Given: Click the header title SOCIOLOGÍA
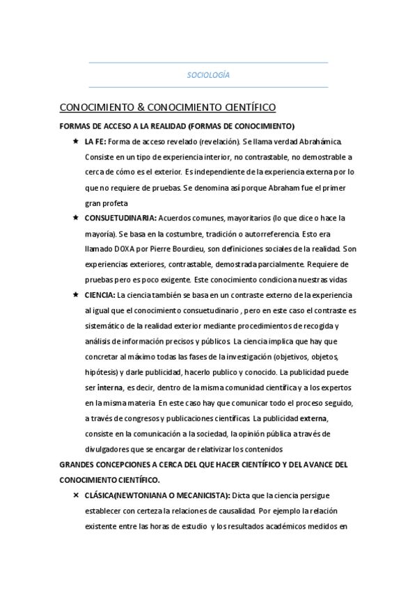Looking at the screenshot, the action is coord(209,75).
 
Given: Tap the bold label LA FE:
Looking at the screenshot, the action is coord(95,141).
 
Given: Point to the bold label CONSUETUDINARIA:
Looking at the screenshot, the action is coord(116,218).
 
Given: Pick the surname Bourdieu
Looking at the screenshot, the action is coord(190,248).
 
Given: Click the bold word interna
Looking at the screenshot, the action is coord(111,388).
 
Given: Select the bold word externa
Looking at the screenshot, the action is coord(313,418).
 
